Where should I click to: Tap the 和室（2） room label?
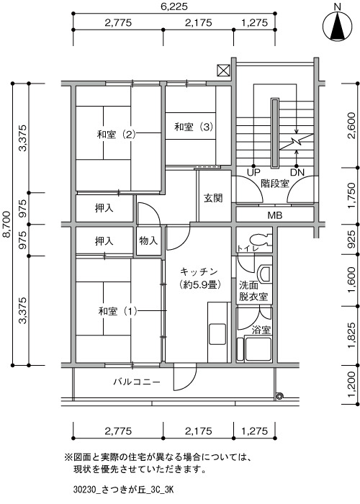point(117,134)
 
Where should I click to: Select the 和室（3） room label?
point(194,127)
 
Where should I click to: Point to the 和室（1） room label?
point(118,311)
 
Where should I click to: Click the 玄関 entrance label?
point(213,198)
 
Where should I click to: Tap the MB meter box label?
point(275,215)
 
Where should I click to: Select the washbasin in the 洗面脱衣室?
point(265,274)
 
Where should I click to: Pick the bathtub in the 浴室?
point(258,348)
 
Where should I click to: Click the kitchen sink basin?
point(217,334)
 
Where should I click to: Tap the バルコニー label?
point(137,382)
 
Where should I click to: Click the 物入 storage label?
point(148,240)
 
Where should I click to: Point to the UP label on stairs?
point(253,172)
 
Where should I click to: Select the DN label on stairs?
point(297,172)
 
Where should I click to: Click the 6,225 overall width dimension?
point(174,6)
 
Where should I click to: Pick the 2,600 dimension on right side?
point(351,125)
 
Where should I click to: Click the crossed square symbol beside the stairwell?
point(223,70)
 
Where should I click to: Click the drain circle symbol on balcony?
point(279,396)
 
